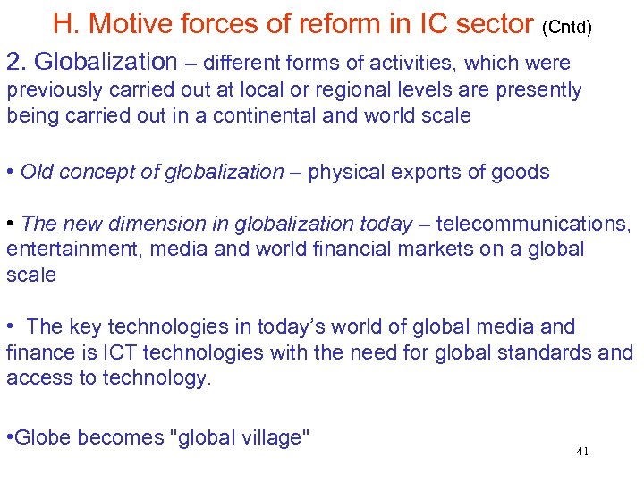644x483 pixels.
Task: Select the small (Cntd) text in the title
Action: click(x=566, y=27)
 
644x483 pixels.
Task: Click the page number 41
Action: click(x=582, y=453)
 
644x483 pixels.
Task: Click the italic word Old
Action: click(x=37, y=172)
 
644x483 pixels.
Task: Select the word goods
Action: click(x=521, y=172)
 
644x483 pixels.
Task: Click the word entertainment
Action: click(x=73, y=249)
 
